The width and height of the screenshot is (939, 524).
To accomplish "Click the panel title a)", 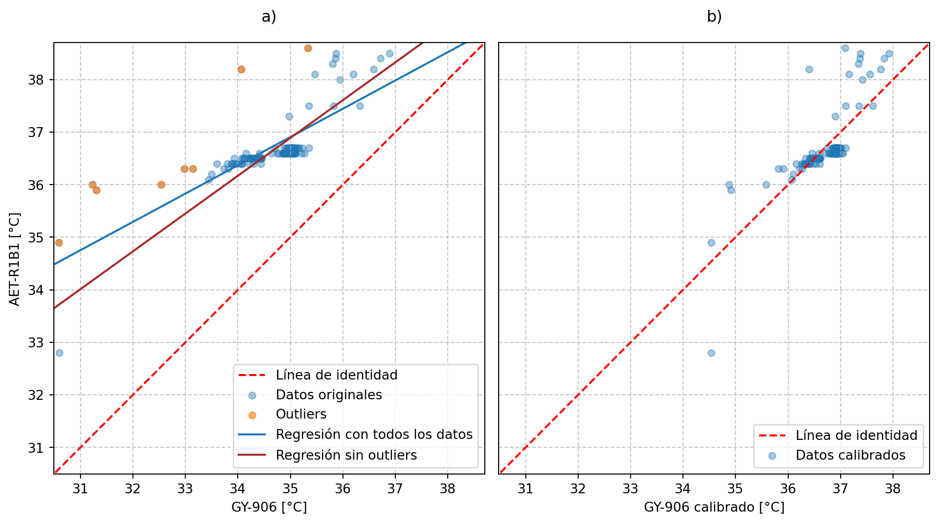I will point(269,17).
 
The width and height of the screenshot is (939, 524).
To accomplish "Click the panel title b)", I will point(714,17).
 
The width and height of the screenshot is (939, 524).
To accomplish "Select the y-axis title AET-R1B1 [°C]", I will point(15,259).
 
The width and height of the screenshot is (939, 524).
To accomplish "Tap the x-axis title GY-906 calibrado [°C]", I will point(714,507).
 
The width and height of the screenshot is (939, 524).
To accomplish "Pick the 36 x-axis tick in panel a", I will point(342,489).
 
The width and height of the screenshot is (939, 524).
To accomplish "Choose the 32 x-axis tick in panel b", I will point(578,489).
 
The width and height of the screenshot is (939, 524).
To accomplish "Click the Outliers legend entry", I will point(301,415).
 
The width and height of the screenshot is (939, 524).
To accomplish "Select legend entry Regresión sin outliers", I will point(346,455).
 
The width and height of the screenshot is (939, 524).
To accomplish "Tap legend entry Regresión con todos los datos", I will point(374,434).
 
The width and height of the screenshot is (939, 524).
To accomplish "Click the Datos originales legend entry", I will point(329,395).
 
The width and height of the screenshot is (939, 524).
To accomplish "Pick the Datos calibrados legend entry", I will point(850,455).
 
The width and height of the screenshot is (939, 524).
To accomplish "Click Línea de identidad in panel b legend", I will point(856,435).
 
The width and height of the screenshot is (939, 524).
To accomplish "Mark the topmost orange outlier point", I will point(308,48).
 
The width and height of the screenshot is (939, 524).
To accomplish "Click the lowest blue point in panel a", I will point(59,353).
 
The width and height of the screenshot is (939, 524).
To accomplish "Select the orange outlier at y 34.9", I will point(59,242).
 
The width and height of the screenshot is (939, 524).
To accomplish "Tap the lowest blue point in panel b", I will point(711,353).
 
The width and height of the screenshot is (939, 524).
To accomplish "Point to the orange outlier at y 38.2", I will point(241,69).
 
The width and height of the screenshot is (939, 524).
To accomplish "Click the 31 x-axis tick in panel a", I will point(80,489).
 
